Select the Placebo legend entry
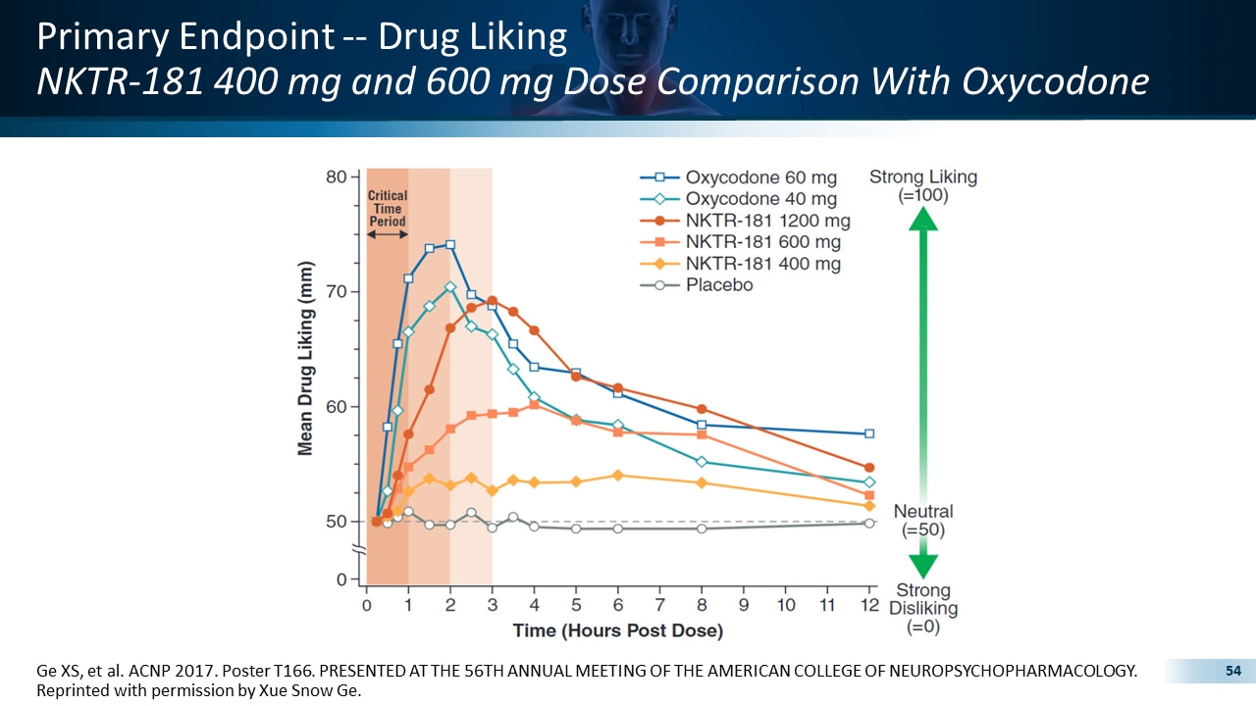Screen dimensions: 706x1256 [718, 285]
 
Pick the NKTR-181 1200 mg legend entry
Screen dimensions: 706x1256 [767, 221]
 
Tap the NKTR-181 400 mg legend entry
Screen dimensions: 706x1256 [762, 264]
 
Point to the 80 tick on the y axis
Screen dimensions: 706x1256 [336, 177]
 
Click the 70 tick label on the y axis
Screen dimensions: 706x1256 [336, 292]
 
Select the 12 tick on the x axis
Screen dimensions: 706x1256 [868, 605]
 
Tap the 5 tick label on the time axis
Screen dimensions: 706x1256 [575, 605]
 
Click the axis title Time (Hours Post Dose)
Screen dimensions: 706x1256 [617, 630]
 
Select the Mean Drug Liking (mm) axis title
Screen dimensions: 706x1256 [305, 359]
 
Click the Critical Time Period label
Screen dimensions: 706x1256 [388, 209]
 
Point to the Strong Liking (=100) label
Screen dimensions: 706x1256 [922, 185]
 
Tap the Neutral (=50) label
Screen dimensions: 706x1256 [922, 521]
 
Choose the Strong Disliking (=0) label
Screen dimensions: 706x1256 [922, 608]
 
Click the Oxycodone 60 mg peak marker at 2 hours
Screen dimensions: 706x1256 [449, 244]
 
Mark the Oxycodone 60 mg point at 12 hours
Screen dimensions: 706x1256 [868, 433]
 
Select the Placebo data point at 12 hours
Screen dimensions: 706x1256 [868, 524]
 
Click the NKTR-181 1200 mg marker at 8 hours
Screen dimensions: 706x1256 [701, 409]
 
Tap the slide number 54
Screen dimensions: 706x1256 [1233, 671]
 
